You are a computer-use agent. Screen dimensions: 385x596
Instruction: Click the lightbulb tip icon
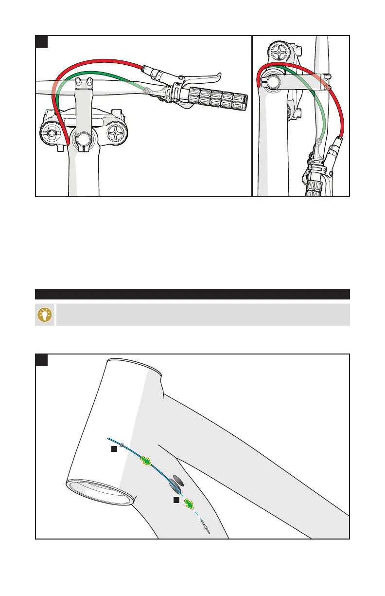coord(46,315)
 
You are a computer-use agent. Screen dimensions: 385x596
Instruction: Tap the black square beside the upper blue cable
coord(113,449)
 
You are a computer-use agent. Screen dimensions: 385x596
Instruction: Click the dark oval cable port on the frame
coord(175,484)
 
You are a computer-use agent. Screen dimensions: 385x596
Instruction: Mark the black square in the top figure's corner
coord(42,41)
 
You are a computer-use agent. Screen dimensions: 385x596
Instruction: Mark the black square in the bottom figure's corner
coord(42,360)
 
